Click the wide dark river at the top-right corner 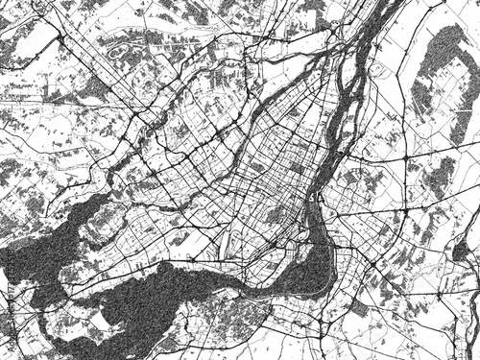coord(379,29)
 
